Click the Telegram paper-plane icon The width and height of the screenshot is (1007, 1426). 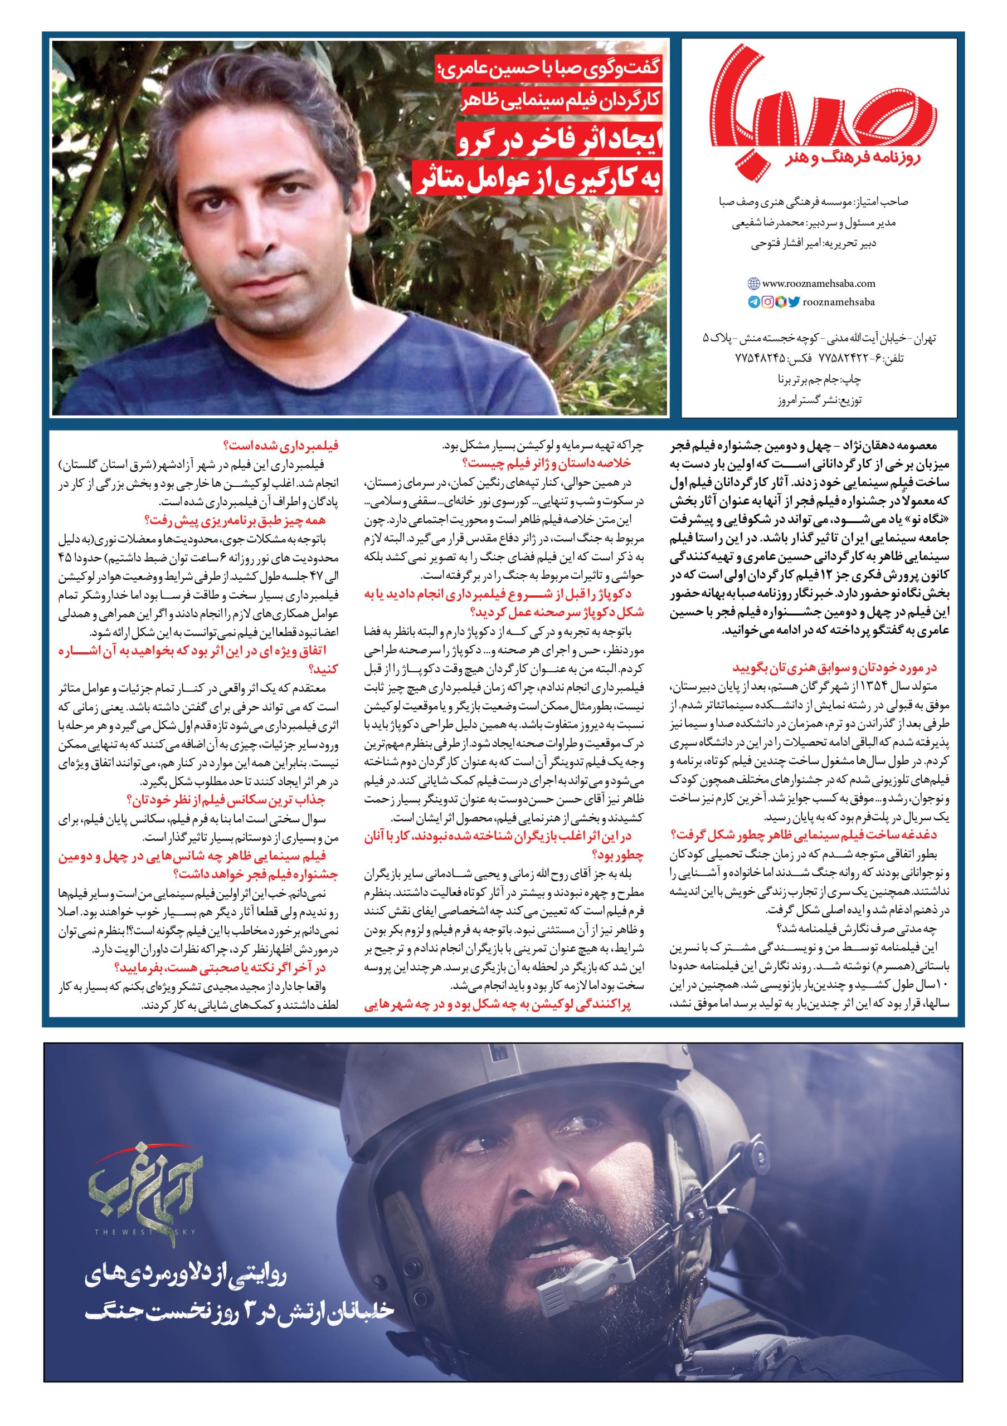(x=753, y=302)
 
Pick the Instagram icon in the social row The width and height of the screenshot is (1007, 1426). (x=767, y=302)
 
